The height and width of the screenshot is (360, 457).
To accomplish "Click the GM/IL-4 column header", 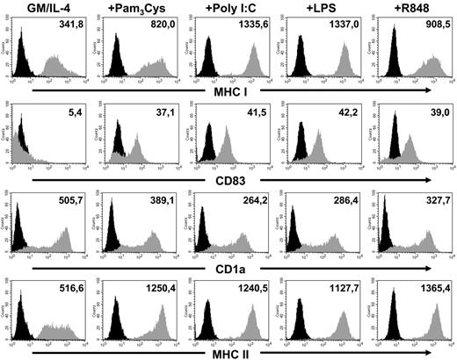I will [x=43, y=12].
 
